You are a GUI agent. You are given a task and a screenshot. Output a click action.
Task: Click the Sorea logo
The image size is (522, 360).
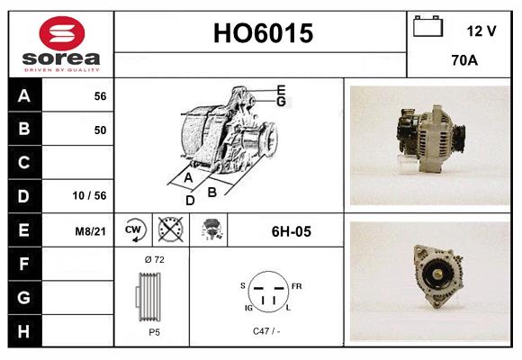[60, 43]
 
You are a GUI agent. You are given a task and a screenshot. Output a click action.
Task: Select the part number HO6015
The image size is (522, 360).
[263, 34]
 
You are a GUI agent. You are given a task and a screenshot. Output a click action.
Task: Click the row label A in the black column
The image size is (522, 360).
[24, 95]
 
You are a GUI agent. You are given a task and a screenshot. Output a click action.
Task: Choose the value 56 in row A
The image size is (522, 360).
[100, 96]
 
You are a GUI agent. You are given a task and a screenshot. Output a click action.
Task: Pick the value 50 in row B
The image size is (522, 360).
[100, 130]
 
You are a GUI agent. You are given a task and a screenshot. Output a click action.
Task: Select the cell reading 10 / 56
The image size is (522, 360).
[90, 195]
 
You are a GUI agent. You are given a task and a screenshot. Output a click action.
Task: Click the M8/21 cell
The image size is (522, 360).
[91, 230]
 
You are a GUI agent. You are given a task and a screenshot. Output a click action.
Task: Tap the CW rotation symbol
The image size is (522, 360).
[134, 231]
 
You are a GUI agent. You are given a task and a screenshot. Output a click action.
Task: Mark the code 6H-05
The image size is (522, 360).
[291, 231]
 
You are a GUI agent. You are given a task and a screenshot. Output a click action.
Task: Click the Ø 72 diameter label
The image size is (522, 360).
[153, 260]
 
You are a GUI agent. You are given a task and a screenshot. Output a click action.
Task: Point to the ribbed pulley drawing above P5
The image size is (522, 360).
[150, 295]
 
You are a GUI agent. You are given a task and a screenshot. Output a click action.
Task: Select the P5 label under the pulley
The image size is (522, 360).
[154, 331]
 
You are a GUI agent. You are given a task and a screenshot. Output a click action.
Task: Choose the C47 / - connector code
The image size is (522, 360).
[267, 331]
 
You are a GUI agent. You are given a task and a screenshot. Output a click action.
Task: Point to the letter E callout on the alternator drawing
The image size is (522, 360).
[282, 89]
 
